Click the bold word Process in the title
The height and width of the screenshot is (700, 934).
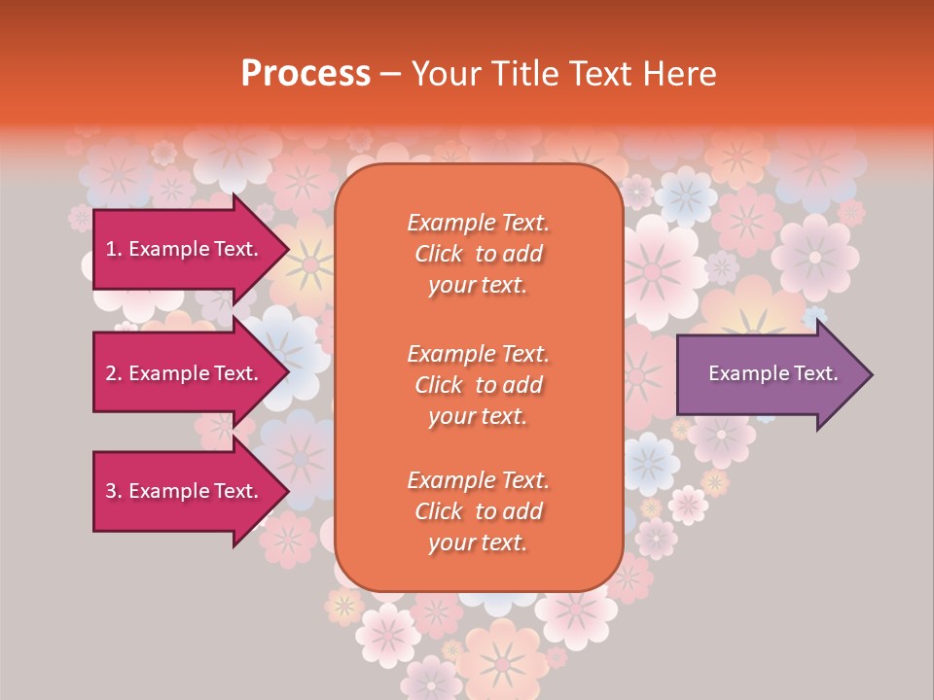305,74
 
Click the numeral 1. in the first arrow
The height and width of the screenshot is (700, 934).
113,249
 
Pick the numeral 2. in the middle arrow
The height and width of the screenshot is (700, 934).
113,373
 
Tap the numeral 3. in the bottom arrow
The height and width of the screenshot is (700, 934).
113,491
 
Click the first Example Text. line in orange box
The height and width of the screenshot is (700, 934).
478,223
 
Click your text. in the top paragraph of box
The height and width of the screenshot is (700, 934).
478,286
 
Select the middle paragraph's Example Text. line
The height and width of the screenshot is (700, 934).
478,353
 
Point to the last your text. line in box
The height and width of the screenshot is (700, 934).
478,543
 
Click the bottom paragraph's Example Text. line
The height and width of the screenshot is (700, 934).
478,480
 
